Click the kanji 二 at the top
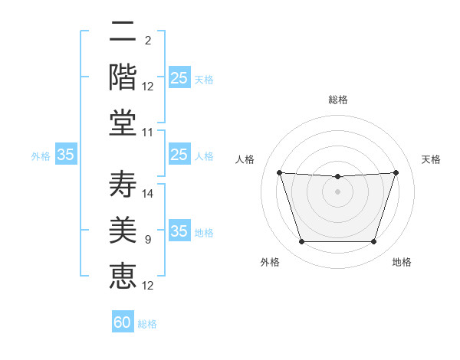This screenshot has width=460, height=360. (123, 31)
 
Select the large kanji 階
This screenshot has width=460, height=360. (123, 77)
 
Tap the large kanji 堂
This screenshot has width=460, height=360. (123, 123)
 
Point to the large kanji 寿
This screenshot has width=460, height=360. (123, 184)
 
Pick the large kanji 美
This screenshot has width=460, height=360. (123, 230)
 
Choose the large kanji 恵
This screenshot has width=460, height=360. (123, 276)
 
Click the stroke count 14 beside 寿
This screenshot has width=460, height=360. (147, 194)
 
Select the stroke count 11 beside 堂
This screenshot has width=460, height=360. (147, 133)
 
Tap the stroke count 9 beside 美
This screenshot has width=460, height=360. (148, 240)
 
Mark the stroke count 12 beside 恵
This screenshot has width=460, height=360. (147, 286)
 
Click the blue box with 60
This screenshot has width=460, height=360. (123, 321)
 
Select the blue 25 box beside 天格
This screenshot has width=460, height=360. (179, 77)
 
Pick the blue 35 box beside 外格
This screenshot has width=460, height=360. (66, 154)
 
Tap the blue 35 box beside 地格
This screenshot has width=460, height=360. (179, 230)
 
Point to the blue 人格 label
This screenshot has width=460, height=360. (204, 156)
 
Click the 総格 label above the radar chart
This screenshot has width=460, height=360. (338, 100)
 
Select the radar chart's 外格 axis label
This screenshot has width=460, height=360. (270, 262)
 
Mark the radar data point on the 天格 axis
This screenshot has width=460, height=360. (396, 172)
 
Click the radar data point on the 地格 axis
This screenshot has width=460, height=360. (373, 241)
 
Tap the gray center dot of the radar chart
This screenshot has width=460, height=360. (337, 191)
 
